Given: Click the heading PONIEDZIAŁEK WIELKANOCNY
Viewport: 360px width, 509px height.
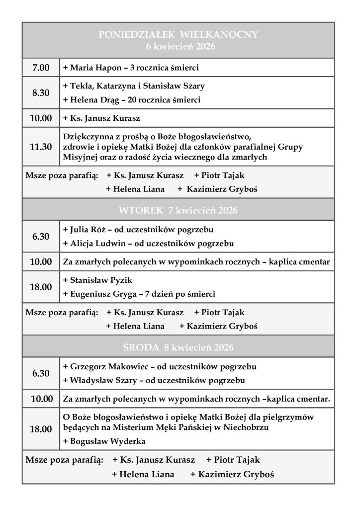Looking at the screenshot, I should (x=178, y=34).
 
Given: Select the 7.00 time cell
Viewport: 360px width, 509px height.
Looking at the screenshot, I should (x=41, y=67).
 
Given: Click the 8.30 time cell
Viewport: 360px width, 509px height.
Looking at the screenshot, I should (x=41, y=93).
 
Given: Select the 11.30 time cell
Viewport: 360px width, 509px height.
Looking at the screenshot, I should (x=41, y=147).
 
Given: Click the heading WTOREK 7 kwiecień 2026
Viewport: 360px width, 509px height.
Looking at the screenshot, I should (x=178, y=210).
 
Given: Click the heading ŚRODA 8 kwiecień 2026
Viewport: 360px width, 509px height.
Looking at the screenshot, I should (x=178, y=346).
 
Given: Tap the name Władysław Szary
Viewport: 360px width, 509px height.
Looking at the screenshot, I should (x=101, y=381).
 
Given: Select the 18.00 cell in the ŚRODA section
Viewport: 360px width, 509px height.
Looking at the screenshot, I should (x=41, y=429).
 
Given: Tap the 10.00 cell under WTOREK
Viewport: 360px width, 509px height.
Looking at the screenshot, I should (x=41, y=261).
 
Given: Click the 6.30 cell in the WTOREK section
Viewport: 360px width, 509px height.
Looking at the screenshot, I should (x=41, y=237).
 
